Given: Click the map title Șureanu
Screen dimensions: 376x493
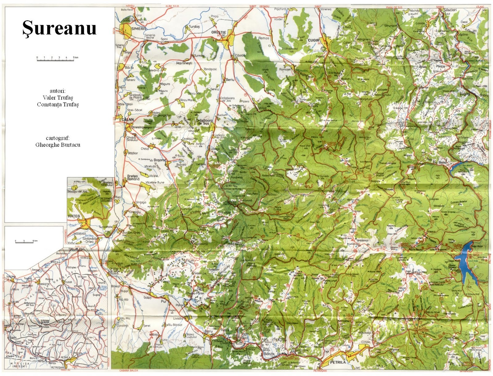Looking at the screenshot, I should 59,28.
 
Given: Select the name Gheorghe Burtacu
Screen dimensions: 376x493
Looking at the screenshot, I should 58,145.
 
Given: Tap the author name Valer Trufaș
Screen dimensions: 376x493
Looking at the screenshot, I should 58,98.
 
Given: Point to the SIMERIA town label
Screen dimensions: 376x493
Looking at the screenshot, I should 138,29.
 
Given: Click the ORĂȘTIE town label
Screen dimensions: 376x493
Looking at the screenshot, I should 218,32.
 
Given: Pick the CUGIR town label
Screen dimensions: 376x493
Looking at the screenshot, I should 314,40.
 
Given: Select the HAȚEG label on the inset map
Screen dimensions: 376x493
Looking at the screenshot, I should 74,216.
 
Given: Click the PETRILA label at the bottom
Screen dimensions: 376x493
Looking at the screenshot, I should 338,362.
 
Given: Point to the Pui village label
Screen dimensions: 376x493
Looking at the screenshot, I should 163,302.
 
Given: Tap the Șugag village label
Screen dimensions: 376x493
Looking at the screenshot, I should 464,94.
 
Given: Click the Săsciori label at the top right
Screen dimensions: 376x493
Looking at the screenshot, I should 450,10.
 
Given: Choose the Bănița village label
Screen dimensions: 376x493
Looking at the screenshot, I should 267,354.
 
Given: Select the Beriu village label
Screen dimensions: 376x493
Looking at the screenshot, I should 230,79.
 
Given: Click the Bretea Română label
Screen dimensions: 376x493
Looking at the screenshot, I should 133,178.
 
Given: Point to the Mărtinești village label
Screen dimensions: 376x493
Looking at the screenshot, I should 184,63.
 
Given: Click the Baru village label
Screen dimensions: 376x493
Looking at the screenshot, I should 209,331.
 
